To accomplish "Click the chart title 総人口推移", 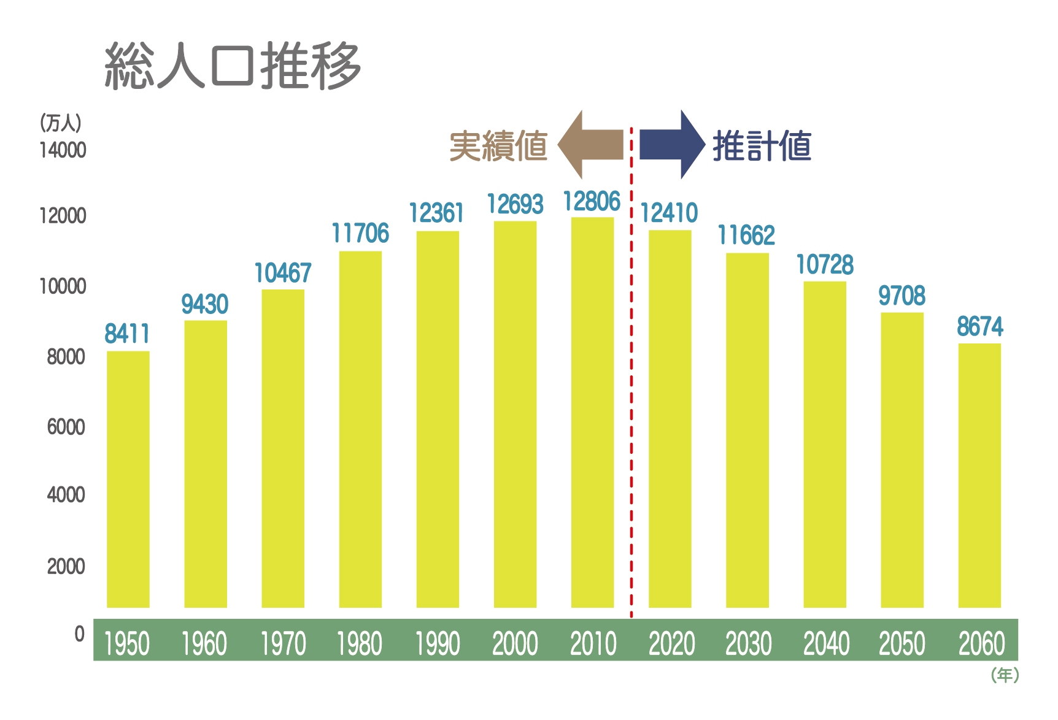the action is pos(233,66).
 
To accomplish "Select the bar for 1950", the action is pos(128,479).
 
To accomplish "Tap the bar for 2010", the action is pos(593,412).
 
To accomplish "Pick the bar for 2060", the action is pos(979,475).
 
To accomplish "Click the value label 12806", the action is pos(592,201).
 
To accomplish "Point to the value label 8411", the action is pos(128,334).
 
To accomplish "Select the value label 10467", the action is pos(283,273).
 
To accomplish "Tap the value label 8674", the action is pos(980,326).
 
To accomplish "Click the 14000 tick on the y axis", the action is pos(63,150).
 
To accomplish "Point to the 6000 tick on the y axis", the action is pos(66,427).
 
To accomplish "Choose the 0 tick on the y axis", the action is pos(80,634).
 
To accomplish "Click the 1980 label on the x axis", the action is pos(360,644).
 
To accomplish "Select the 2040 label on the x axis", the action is pos(826,644).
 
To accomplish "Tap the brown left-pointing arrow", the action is pos(590,145).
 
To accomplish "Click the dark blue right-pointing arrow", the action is pos(673,145).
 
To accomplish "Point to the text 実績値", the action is pos(498,146).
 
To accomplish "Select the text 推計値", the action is pos(762,146).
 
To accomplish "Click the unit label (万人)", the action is pos(60,123).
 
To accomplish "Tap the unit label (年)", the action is pos(1005,675).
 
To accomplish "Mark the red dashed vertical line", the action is pos(631,372).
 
